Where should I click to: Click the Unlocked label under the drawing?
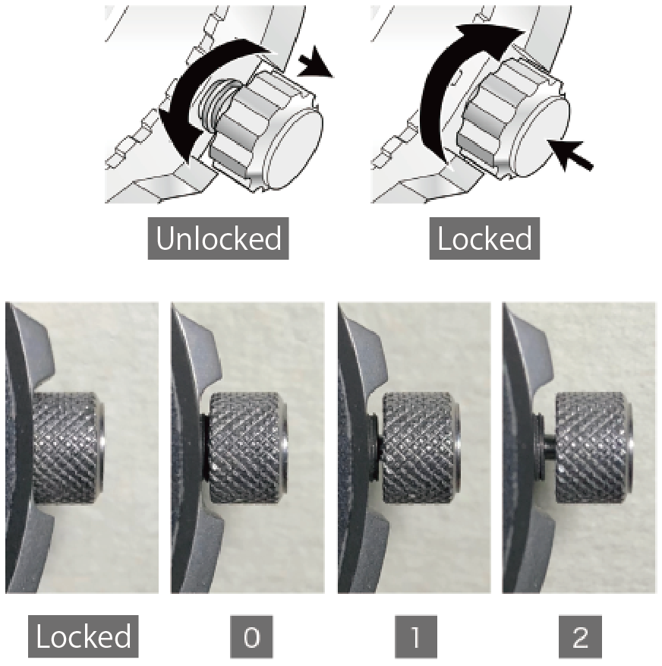[x=218, y=238]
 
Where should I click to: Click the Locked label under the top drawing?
[x=484, y=238]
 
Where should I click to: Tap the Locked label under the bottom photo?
[x=84, y=636]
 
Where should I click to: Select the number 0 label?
[x=251, y=636]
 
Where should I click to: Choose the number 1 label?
[x=416, y=636]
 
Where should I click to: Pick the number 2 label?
[x=580, y=636]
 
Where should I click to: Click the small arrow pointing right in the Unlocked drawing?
[x=315, y=62]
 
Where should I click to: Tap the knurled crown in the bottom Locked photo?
[x=68, y=449]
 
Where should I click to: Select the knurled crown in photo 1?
[x=421, y=448]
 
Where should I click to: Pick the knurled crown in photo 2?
[x=594, y=448]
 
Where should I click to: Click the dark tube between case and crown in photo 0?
[x=205, y=447]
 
